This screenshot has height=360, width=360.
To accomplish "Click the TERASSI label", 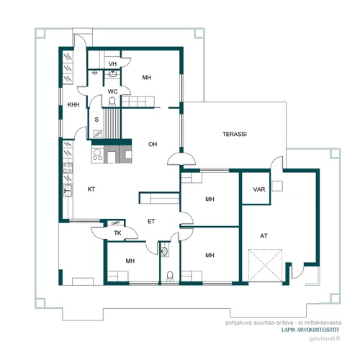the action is [x=235, y=134].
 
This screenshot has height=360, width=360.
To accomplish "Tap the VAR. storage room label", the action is [x=260, y=189].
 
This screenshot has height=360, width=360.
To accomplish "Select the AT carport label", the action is [x=264, y=236].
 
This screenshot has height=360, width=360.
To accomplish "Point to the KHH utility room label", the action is [x=73, y=104].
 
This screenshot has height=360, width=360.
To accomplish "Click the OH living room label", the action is [x=153, y=144].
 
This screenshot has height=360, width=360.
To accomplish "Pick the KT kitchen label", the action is [x=91, y=189].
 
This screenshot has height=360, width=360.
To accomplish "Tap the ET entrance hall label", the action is [x=151, y=221].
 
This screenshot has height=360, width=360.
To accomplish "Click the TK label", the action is [x=117, y=233].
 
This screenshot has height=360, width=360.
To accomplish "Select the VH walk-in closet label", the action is [x=112, y=64].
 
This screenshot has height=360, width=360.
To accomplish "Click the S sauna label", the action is [x=96, y=120].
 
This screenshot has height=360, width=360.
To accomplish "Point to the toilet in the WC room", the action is [x=112, y=102].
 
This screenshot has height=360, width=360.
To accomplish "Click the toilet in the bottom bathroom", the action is [x=170, y=276].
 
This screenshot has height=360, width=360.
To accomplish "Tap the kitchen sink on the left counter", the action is [x=68, y=190].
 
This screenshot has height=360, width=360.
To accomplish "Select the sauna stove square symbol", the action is [x=98, y=134].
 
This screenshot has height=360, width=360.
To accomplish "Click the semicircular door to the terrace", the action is [x=181, y=159].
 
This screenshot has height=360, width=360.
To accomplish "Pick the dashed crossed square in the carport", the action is [x=265, y=265].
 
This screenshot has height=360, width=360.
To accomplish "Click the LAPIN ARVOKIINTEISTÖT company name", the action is [x=310, y=330].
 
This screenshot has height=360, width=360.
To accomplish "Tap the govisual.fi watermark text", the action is [x=325, y=338].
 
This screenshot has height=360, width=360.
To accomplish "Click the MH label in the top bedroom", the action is [x=147, y=78].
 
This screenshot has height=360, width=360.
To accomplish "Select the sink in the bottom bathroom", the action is [x=164, y=251].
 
